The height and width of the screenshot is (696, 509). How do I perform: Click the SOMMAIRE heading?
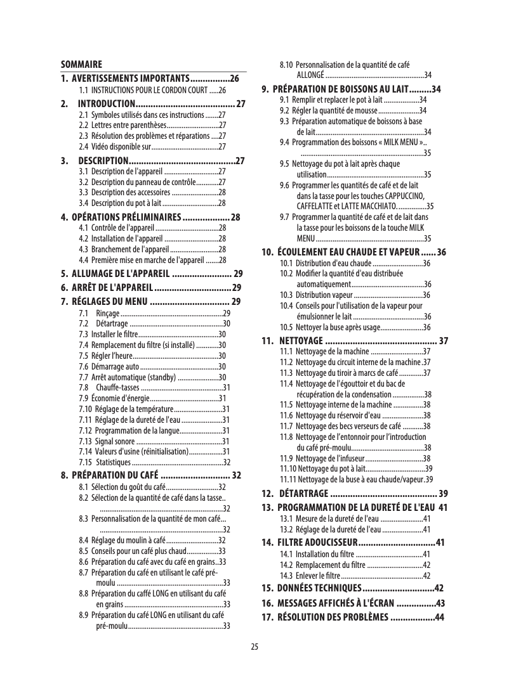coord(81,65)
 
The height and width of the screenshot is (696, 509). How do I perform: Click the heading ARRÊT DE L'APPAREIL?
coord(111,288)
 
